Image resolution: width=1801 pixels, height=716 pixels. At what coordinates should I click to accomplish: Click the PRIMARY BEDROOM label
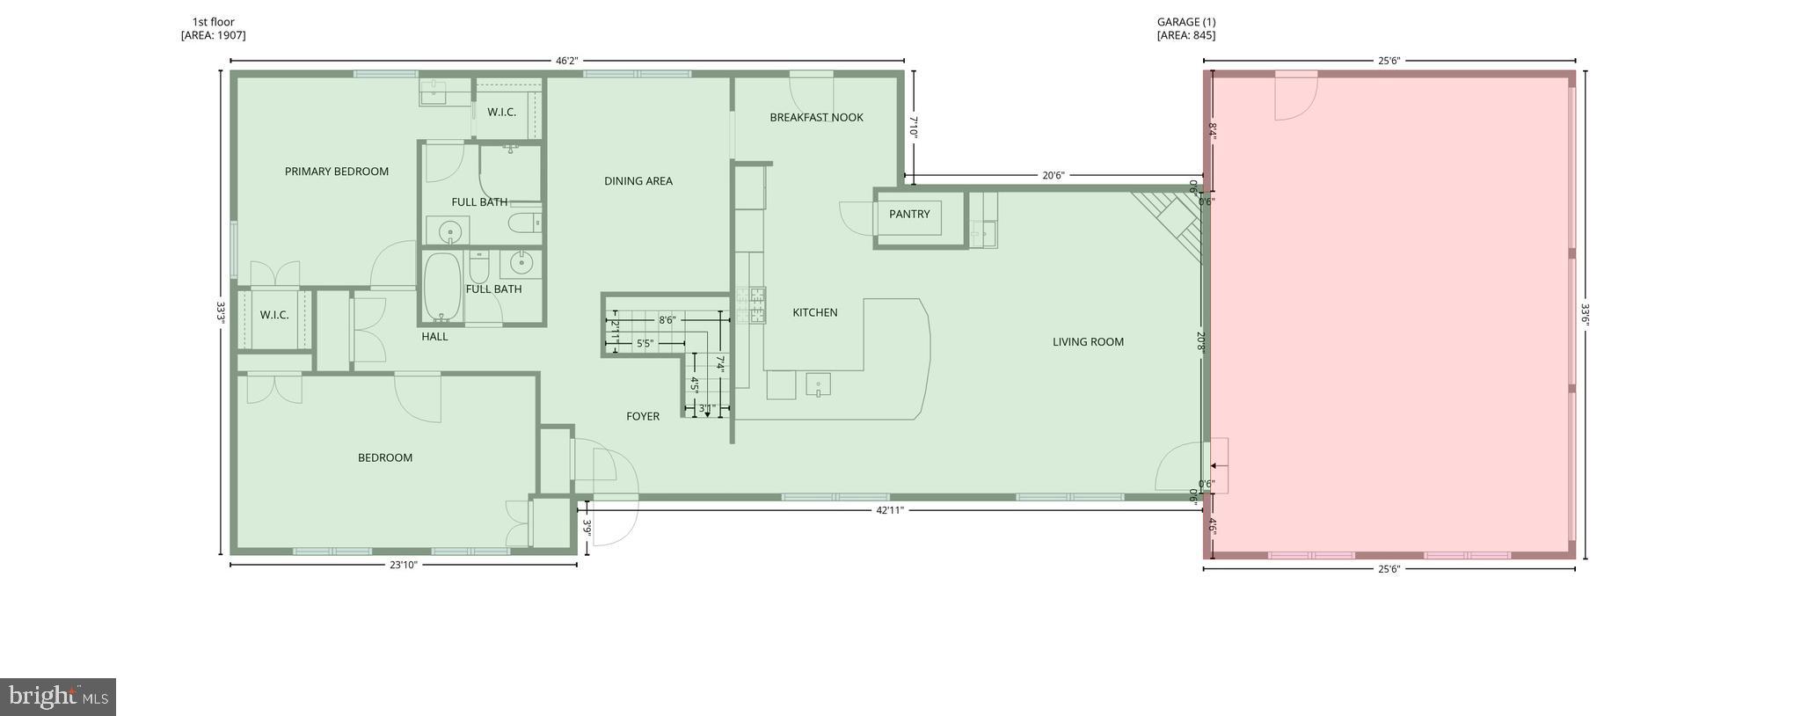tap(336, 172)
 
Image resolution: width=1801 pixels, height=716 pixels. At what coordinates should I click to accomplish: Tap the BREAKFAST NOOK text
tap(816, 117)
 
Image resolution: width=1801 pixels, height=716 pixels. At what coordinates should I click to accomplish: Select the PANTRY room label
tap(908, 214)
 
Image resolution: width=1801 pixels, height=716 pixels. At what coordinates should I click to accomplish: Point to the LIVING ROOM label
tap(1088, 342)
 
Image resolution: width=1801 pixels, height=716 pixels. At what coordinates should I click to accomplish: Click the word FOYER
tap(642, 416)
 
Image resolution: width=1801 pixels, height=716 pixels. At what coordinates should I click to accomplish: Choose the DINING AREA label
tap(638, 181)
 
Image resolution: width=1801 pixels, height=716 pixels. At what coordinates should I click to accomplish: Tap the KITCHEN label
tap(814, 312)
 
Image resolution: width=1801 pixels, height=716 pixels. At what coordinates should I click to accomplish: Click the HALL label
tap(434, 336)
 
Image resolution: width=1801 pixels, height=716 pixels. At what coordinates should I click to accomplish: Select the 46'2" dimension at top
tap(566, 61)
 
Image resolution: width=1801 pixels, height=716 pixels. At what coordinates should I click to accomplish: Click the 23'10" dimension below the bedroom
tap(403, 565)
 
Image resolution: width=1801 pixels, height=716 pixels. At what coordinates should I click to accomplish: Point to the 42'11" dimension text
tap(889, 509)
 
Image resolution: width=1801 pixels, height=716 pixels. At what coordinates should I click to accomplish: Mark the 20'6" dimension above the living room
tap(1053, 175)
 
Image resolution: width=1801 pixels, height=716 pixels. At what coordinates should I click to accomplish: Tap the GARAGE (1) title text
tap(1186, 22)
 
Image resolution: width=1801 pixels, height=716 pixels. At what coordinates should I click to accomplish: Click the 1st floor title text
tap(213, 22)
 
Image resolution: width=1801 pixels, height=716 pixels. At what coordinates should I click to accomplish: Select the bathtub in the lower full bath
tap(442, 287)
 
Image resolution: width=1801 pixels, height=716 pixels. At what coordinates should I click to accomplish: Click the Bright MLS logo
tap(58, 697)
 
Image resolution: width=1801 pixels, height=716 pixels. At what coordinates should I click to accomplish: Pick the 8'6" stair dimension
tap(667, 320)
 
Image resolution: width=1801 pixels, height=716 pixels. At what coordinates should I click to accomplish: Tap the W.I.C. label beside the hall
tap(273, 315)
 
